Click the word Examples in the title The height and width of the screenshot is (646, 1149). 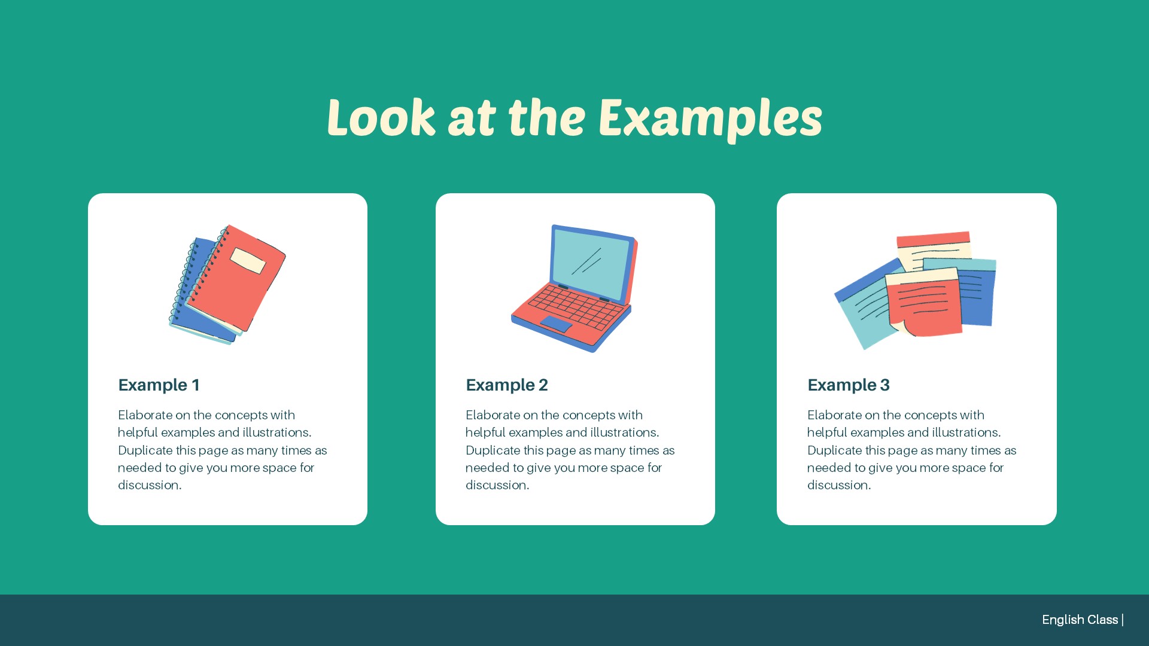pos(710,118)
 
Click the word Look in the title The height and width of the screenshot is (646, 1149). pos(381,117)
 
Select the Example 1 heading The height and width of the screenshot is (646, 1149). pos(159,385)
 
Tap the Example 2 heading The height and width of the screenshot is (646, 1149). pos(507,385)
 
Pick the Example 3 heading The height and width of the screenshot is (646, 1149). pos(849,385)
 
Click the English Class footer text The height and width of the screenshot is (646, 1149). pos(1080,620)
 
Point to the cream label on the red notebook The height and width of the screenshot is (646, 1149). pos(248,261)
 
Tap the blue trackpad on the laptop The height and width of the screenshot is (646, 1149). pos(556,324)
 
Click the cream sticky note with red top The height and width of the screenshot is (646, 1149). pos(934,250)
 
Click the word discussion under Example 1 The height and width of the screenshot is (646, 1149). pos(148,485)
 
